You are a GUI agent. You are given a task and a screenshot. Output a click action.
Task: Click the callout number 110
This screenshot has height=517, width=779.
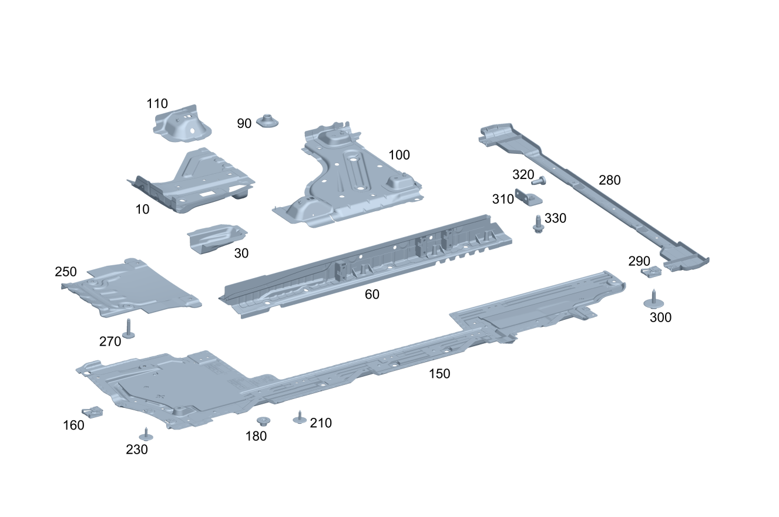coord(157,104)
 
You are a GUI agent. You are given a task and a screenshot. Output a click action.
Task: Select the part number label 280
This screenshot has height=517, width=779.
coord(609,180)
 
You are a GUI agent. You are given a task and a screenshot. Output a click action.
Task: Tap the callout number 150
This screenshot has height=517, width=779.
coord(439,373)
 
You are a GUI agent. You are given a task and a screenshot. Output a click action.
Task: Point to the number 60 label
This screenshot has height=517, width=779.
coord(372,295)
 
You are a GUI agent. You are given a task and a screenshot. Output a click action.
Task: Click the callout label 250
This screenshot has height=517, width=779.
coord(66,272)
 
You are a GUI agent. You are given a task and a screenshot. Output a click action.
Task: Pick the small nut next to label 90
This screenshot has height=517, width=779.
coord(267,122)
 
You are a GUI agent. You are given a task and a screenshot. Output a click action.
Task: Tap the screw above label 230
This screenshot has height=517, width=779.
coord(145,435)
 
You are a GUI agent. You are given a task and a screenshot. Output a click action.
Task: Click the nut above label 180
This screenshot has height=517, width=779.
coord(263,421)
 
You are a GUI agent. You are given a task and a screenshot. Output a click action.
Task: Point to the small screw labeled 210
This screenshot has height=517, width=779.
coord(300,418)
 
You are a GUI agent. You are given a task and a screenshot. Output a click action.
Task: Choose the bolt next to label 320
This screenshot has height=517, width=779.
coord(539,180)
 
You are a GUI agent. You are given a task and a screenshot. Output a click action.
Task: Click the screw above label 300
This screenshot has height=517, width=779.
coord(653,300)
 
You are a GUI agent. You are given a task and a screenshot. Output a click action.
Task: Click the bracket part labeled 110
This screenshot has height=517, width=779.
coord(181,123)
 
